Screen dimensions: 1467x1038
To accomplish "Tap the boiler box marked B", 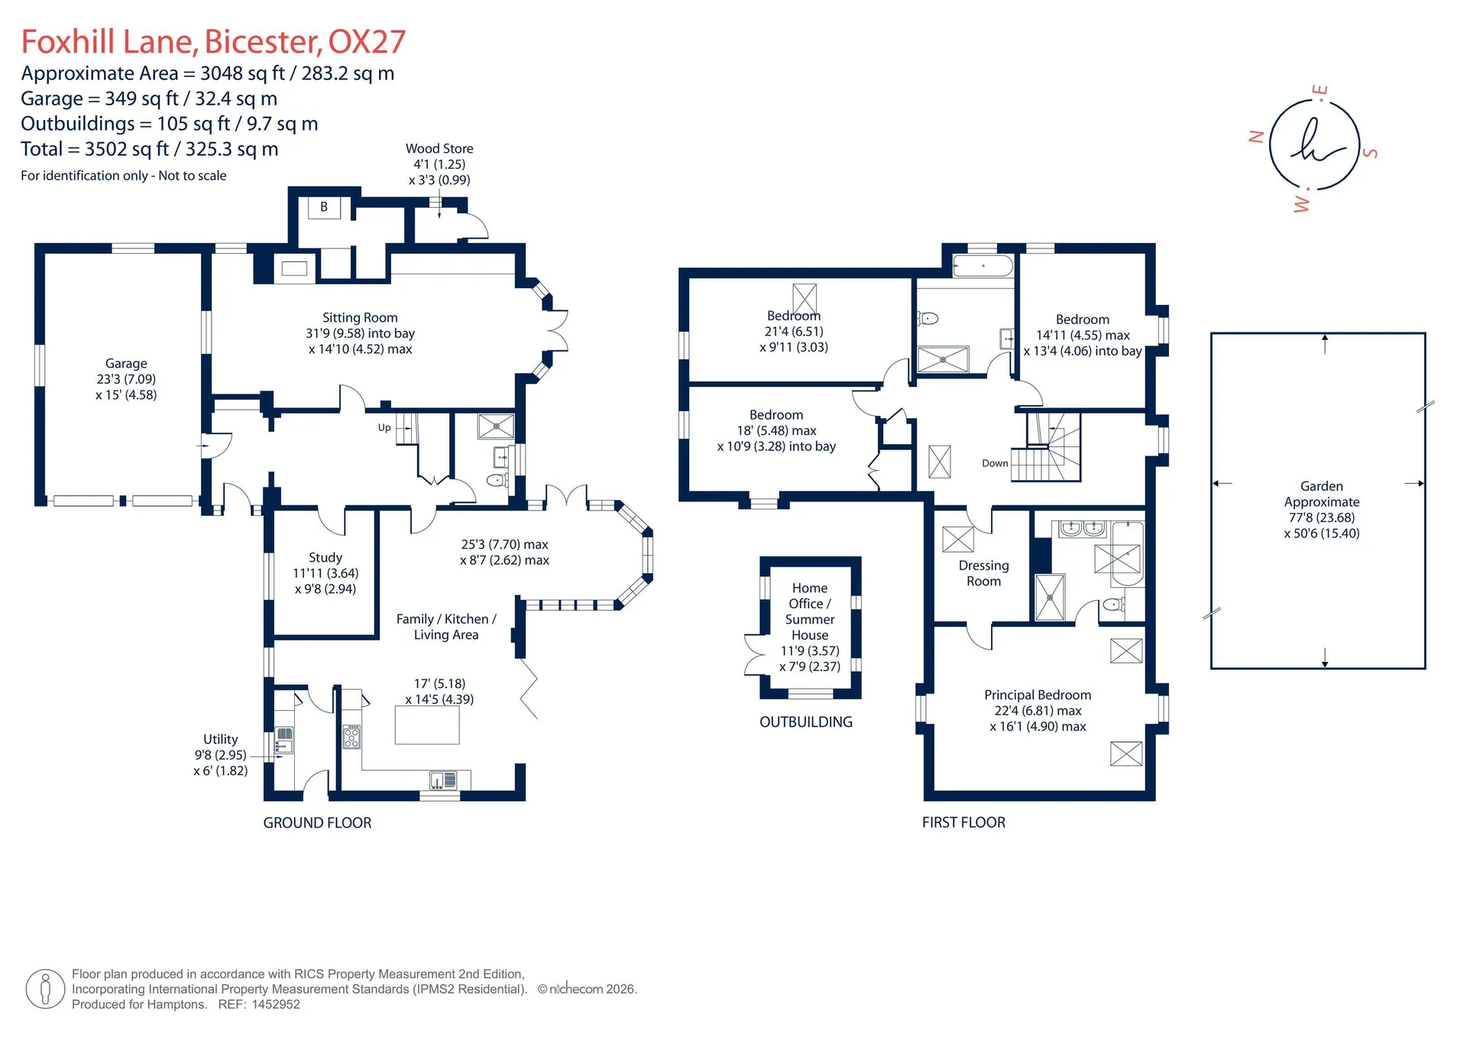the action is click(x=324, y=207).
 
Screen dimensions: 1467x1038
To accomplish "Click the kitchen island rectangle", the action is click(x=427, y=725).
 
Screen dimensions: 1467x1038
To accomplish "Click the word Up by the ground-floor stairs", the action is click(x=384, y=427).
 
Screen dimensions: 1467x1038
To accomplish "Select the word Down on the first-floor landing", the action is click(x=995, y=463).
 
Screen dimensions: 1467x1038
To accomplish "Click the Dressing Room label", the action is click(x=984, y=573).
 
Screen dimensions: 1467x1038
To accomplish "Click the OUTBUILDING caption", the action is click(x=806, y=722).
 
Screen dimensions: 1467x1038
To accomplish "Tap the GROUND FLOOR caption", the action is click(x=317, y=822).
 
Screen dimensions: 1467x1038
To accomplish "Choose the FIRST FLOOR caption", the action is click(x=963, y=822).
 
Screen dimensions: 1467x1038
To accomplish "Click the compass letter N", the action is click(x=1255, y=137).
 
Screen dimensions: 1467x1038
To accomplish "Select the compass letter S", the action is click(x=1371, y=153).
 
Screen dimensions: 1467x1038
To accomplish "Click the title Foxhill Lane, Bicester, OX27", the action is click(x=213, y=42).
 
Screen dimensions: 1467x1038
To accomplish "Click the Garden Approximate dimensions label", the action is click(x=1322, y=510).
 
